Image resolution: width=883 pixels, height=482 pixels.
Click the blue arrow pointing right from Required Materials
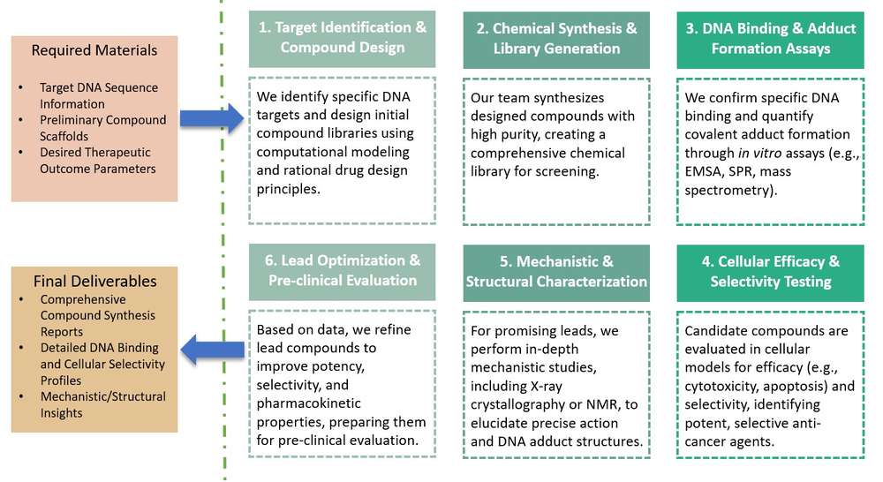[x=211, y=117]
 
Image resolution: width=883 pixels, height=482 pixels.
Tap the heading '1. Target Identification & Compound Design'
[x=342, y=37]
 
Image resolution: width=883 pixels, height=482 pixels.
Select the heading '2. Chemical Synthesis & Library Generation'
[x=556, y=39]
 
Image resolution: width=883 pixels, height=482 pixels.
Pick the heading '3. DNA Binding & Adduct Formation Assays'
[x=770, y=39]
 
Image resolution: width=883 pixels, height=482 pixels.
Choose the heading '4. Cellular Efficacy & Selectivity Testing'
[x=770, y=271]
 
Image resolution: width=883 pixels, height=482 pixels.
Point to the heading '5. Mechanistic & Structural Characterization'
[x=556, y=271]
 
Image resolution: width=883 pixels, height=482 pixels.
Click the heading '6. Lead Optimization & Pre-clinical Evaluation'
[x=342, y=270]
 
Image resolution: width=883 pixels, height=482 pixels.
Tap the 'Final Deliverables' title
[x=94, y=282]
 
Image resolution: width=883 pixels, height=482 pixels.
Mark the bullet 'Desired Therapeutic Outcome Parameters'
[x=97, y=161]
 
